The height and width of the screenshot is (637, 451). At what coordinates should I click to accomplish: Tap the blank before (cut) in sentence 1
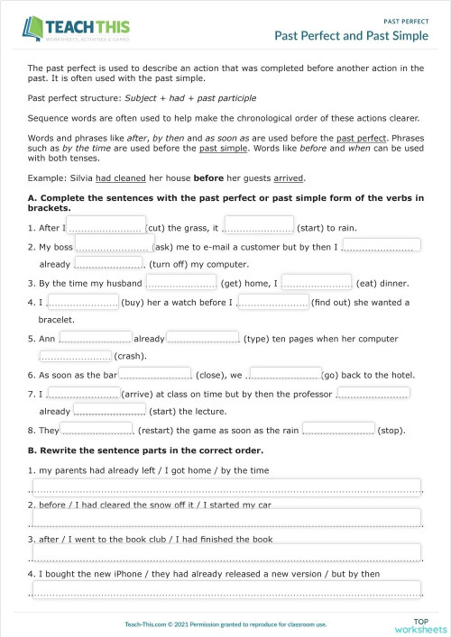106,225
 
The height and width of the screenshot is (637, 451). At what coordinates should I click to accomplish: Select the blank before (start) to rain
259,225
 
